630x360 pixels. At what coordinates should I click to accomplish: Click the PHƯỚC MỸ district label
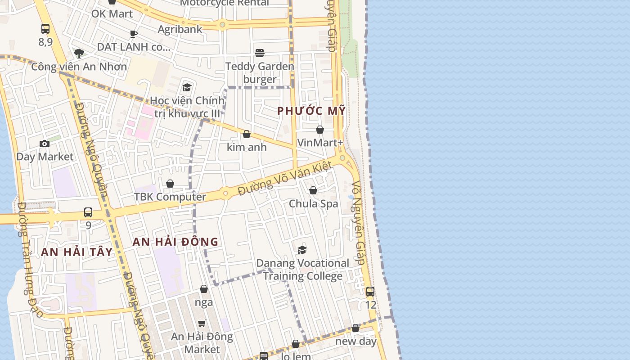pos(311,111)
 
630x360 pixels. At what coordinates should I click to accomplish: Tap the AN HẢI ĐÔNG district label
pos(175,242)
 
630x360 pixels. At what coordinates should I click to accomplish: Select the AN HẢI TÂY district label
pos(76,252)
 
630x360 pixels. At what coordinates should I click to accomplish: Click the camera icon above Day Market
pos(44,144)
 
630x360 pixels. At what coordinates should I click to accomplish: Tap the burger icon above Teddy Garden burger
pos(260,53)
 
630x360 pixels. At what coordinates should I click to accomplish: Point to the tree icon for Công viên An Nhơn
pos(79,54)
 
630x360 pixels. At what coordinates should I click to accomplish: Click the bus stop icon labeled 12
pos(370,292)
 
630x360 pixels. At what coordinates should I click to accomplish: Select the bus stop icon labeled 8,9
pos(45,29)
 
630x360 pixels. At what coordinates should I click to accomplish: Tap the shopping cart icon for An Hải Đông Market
pos(202,323)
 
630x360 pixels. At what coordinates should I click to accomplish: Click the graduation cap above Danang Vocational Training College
pos(302,250)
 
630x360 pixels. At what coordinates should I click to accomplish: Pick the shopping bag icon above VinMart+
pos(320,130)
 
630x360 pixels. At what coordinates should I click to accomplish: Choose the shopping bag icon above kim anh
pos(246,134)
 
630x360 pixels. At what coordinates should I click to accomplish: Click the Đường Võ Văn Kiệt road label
pos(285,178)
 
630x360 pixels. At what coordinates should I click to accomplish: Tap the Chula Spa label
pos(313,203)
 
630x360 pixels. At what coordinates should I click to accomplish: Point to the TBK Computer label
pos(170,197)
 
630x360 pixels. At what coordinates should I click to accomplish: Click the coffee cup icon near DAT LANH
pos(133,34)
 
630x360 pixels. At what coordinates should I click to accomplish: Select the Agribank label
pos(180,29)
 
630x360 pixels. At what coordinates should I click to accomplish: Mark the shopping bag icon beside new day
pos(355,328)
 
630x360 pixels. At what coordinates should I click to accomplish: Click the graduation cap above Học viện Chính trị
pos(187,87)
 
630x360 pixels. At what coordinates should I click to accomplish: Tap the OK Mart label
pos(112,13)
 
